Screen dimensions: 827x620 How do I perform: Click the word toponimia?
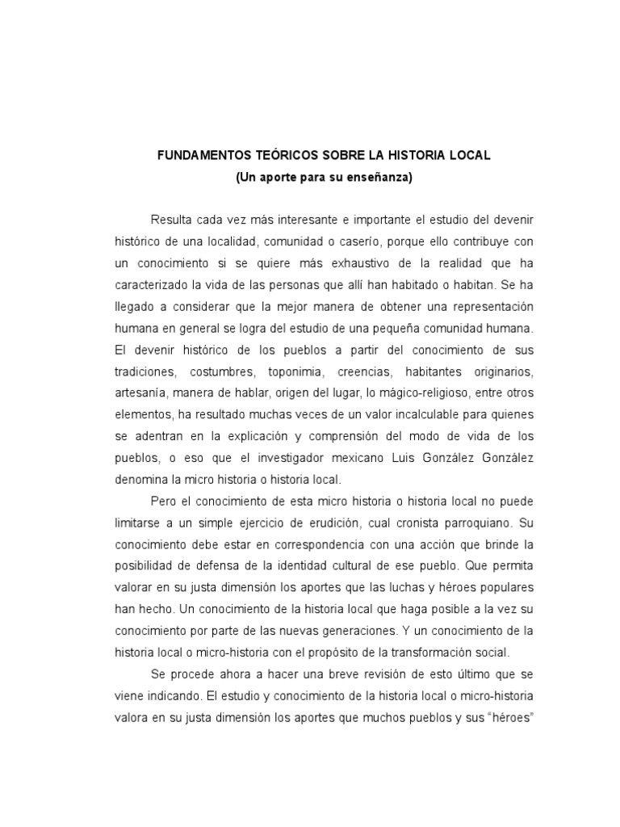291,372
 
